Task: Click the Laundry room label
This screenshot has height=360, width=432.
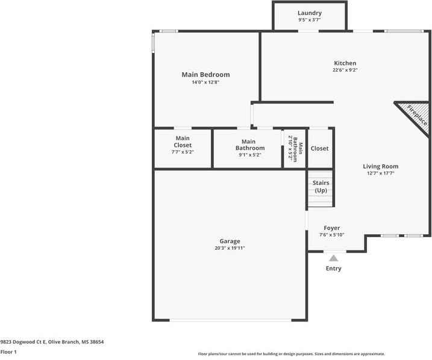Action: coord(310,13)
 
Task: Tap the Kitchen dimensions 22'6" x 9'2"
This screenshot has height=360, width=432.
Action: coord(345,70)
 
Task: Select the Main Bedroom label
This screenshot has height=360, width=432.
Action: coord(205,75)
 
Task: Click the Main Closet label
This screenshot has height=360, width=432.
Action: coord(183,141)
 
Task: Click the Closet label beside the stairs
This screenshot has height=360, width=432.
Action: coord(319,149)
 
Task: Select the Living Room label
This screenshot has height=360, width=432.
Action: coord(380,166)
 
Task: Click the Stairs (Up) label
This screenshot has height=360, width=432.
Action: coord(321,186)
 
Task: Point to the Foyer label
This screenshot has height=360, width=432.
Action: coord(331,228)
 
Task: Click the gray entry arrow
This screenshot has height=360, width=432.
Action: coord(333,258)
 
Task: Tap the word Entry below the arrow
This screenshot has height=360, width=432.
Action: coord(333,268)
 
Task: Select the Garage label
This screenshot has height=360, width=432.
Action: coord(230,241)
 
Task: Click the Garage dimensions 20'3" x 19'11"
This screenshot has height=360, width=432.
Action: coord(230,248)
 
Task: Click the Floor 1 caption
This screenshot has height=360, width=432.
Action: coord(8,352)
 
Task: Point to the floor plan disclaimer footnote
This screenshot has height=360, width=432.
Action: coord(291,354)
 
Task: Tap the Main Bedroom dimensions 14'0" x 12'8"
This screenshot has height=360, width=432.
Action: coord(205,82)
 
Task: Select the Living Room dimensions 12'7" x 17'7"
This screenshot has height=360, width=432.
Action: coord(380,173)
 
